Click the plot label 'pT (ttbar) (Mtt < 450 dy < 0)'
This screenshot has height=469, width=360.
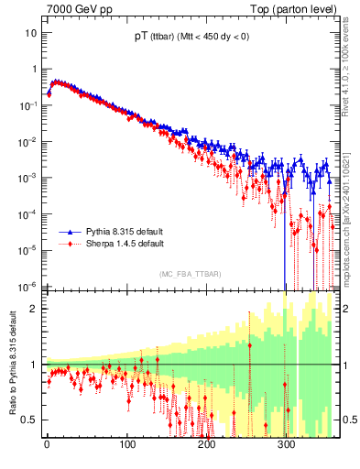[190, 37]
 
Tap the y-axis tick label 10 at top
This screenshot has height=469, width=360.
[31, 33]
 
